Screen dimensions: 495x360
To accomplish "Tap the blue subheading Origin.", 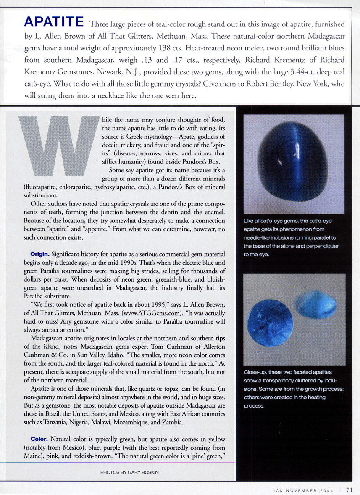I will [x=40, y=255].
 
